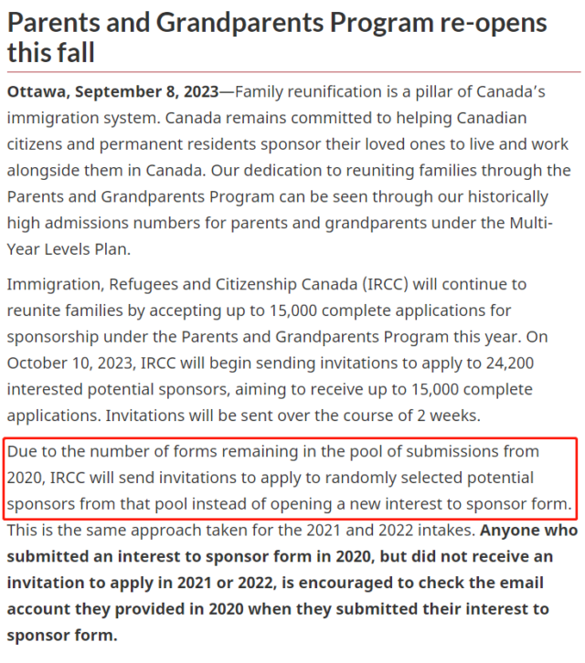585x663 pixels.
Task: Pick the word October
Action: point(38,363)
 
